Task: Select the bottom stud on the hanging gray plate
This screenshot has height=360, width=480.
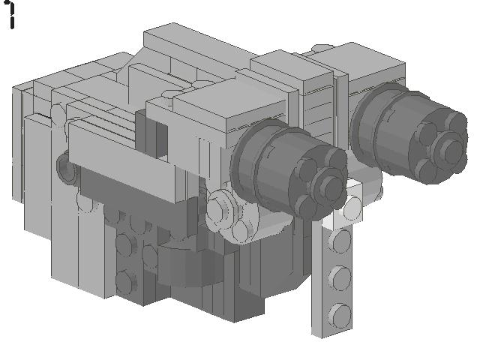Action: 341,312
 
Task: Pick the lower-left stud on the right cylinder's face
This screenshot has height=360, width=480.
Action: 429,166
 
